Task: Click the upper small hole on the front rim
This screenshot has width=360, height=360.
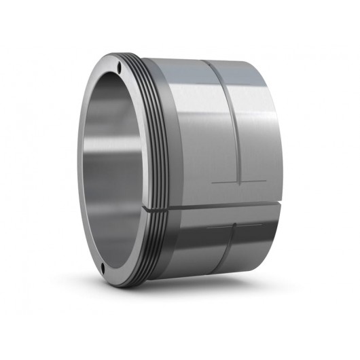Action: click(120, 66)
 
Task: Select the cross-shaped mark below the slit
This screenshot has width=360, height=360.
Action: click(233, 226)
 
